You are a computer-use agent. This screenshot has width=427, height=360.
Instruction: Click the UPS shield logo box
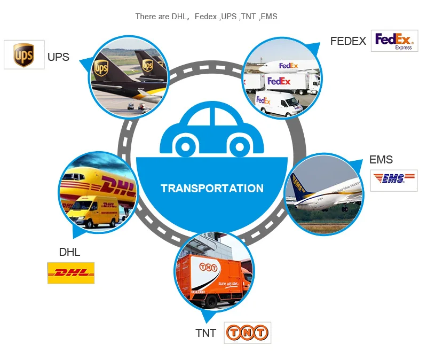(x=24, y=54)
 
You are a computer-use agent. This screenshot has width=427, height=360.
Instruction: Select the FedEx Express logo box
(x=394, y=41)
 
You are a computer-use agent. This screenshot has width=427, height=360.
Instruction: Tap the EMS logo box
(x=394, y=180)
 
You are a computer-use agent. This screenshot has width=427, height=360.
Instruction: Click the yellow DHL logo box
(x=71, y=272)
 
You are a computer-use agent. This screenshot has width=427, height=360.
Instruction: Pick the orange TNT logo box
(x=248, y=333)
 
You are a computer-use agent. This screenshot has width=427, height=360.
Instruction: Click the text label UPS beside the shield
(x=58, y=57)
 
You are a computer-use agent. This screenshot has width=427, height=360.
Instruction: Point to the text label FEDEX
(x=348, y=41)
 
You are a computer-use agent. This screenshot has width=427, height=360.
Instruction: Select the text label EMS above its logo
(x=381, y=160)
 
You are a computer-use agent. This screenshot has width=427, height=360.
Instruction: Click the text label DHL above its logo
(x=69, y=252)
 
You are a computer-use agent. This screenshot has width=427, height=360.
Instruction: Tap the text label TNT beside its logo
(x=205, y=334)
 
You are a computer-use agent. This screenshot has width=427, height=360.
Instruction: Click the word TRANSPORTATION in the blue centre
(x=212, y=189)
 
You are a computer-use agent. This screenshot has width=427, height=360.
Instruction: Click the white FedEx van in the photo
(x=278, y=104)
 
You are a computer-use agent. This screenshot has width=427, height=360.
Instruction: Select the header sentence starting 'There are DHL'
(x=206, y=17)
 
